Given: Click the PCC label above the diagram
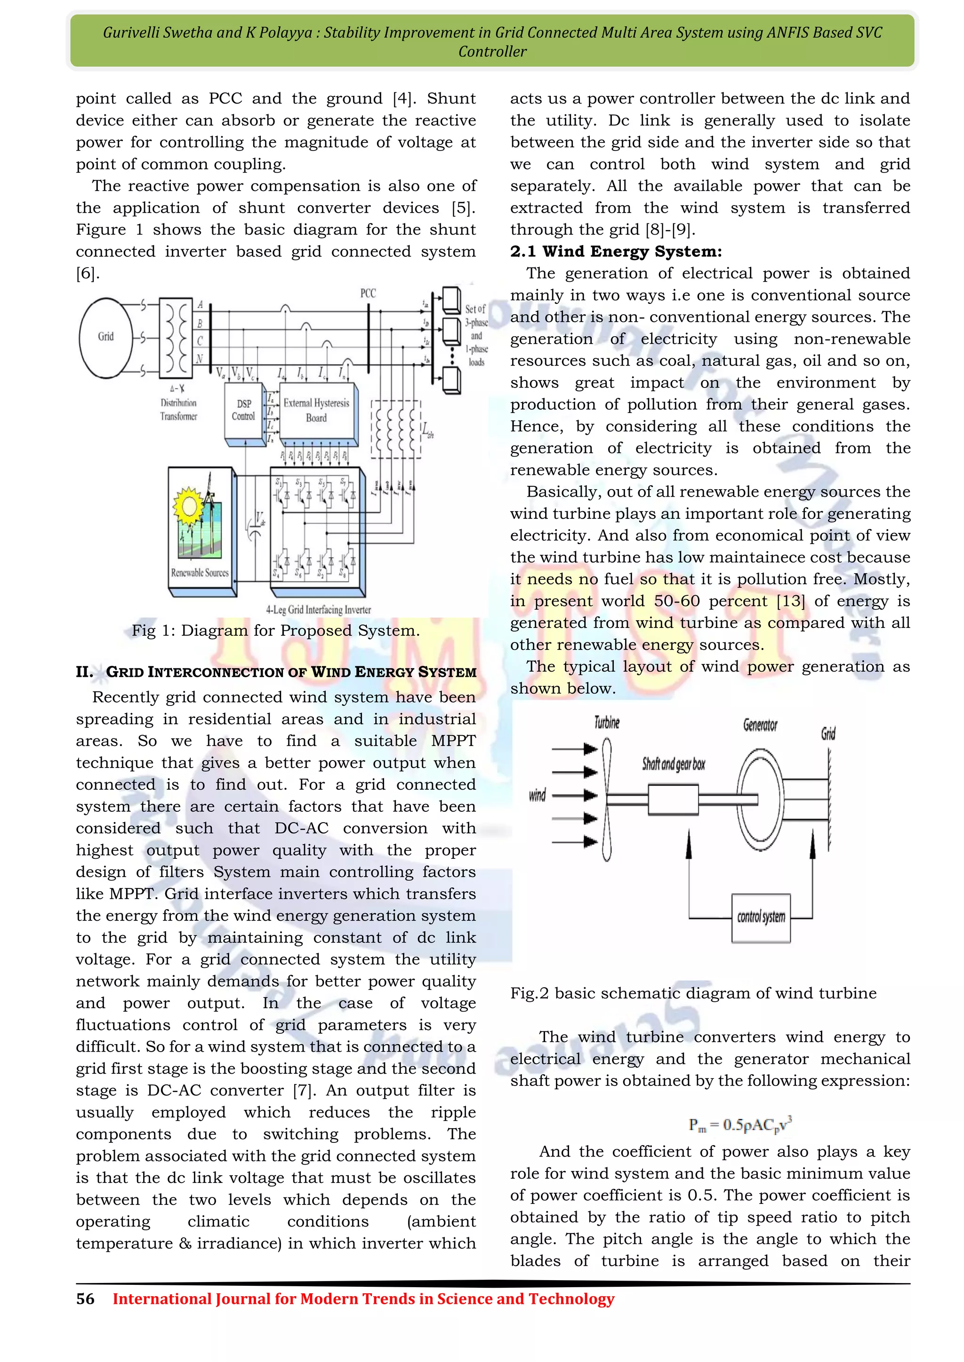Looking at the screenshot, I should coord(368,293).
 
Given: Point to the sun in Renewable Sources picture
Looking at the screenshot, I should coord(189,506).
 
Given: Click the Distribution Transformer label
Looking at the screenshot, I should coord(178,409).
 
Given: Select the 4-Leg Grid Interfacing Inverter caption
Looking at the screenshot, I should coord(318,610).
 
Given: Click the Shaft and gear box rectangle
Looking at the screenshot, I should coord(673,799).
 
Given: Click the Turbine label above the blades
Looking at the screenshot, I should coord(607,722).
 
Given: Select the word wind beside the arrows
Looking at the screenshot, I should coord(537,795).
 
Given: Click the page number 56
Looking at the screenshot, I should coord(85,1299).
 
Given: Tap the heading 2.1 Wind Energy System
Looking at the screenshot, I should coord(616,252).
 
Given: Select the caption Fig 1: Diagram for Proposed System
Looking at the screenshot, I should coord(275,631).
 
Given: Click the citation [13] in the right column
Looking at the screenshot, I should coord(791,601).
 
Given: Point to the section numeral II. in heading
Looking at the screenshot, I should coord(84,672).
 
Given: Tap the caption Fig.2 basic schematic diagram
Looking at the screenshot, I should coord(693,993).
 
